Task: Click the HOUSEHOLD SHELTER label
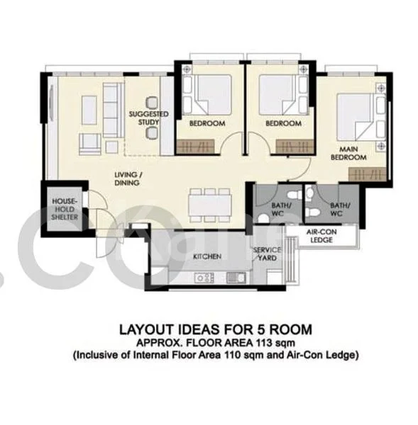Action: (x=64, y=209)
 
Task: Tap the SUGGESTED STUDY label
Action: (x=148, y=118)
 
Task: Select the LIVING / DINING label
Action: (x=129, y=178)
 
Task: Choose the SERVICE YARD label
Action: (x=268, y=254)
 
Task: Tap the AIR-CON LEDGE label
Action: (x=321, y=237)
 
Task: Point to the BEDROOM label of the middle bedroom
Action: (x=283, y=123)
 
